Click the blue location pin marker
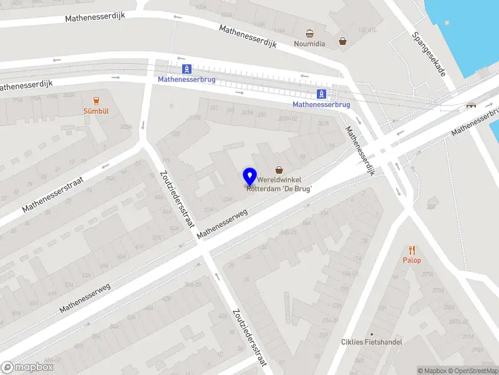tap(250, 176)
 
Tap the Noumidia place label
tap(309, 44)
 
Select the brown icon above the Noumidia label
tap(309, 33)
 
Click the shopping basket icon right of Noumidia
tap(342, 42)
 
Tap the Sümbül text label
tap(96, 111)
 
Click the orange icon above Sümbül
tap(96, 100)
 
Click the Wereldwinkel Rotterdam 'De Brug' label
tap(280, 184)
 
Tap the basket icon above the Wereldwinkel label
tap(279, 169)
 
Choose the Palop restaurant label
tap(412, 260)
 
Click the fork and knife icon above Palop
tap(412, 249)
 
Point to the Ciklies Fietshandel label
tap(372, 342)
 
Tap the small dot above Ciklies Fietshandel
tap(372, 334)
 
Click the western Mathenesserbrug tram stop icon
tap(187, 69)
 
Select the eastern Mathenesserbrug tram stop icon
tap(321, 94)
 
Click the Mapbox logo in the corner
tap(26, 367)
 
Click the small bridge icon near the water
tap(472, 105)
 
